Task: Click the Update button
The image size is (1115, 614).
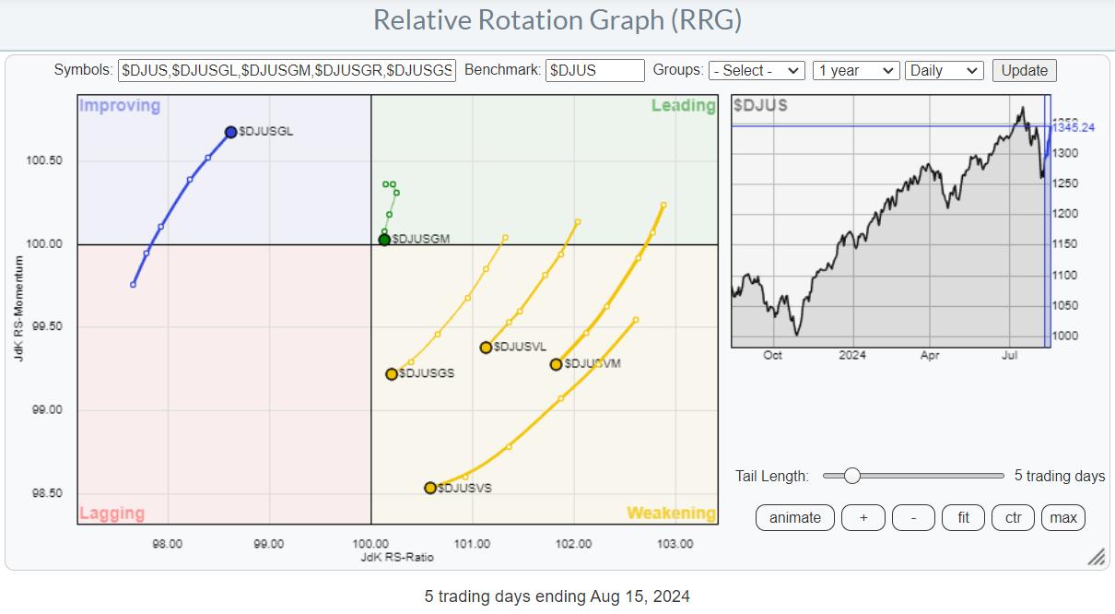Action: tap(1025, 71)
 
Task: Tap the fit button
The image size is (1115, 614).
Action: tap(963, 518)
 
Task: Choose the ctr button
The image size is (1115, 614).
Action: tap(1013, 518)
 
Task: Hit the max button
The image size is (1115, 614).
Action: tap(1063, 518)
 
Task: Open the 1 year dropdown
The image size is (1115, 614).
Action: tap(855, 71)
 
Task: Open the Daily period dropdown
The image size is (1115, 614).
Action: tap(945, 71)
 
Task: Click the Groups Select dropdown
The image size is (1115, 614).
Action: tap(757, 71)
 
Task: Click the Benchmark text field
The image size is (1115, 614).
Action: tap(594, 71)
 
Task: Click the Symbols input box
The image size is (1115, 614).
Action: tap(287, 71)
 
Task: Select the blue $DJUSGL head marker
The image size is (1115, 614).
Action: tap(230, 132)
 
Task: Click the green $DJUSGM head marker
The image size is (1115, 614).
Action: tap(384, 240)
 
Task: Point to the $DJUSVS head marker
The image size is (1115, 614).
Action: tap(430, 488)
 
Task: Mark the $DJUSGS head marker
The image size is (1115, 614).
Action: tap(392, 374)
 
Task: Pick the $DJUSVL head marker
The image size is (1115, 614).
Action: tap(486, 348)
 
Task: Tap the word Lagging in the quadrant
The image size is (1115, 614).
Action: tap(112, 514)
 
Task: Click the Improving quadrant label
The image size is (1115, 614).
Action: tap(120, 106)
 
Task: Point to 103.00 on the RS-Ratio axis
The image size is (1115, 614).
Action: tap(675, 544)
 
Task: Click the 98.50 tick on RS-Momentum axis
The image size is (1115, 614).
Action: tap(43, 493)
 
